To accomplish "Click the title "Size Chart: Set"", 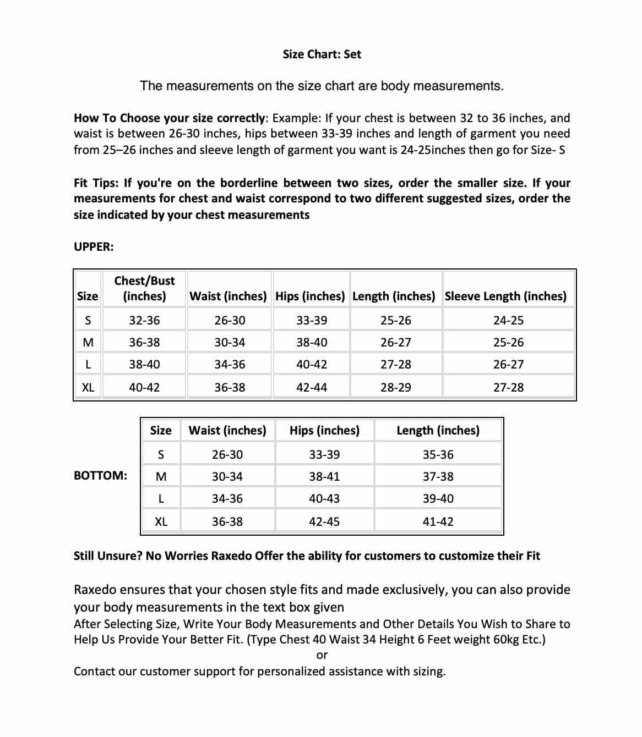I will coord(322,54).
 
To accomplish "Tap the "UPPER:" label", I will coord(94,246).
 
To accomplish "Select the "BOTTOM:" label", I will coord(100,475).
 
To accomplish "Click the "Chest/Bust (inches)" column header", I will coord(144,288).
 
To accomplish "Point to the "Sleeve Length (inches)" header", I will coord(505,296).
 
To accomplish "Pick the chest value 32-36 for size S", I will coord(144,320).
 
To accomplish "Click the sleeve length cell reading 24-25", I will coord(508,320).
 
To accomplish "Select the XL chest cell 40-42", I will coord(144,387).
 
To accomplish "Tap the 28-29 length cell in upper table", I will coord(395,387).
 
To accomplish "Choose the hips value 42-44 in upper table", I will coord(311,387).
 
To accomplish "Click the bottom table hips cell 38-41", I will coord(324,476).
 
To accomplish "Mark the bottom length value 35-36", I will coord(438,454).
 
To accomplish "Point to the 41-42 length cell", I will coord(438,521).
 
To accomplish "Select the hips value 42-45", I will coord(324,521).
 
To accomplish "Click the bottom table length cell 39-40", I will coord(438,498).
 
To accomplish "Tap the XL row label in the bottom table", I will coord(161,521).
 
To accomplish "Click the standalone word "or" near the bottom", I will coord(322,655).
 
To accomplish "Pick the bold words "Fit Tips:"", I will coord(96,183).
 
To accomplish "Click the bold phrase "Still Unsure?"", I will coord(108,555).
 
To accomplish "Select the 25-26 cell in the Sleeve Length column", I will coord(508,342).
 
